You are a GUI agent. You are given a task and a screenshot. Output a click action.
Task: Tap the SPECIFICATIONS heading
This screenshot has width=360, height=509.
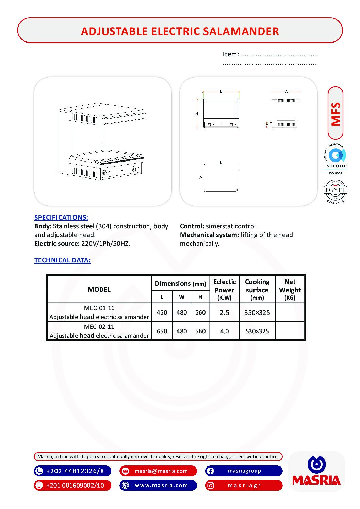(x=61, y=217)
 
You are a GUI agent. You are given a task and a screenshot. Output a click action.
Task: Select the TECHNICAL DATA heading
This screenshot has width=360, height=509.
(x=62, y=260)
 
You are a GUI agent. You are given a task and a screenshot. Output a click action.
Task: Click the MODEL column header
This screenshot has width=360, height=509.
(x=99, y=289)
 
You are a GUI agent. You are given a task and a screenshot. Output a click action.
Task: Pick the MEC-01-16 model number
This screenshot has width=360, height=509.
(x=99, y=308)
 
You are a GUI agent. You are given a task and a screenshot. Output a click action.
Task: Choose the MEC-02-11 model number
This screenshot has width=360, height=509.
(x=99, y=327)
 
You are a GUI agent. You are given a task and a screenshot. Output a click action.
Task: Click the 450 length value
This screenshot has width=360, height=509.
(x=162, y=312)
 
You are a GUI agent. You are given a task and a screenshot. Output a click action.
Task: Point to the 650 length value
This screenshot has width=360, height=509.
(x=162, y=331)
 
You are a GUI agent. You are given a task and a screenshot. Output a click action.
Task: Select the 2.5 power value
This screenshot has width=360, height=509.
(x=224, y=312)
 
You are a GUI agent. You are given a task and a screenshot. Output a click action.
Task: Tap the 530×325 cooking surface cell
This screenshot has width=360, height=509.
(x=257, y=331)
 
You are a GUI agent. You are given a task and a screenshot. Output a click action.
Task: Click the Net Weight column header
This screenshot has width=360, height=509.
(x=290, y=289)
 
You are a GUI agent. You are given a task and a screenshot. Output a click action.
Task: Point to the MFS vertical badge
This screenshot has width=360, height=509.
(x=336, y=114)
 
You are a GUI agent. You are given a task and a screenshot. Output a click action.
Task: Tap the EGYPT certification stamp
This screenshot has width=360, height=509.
(x=335, y=191)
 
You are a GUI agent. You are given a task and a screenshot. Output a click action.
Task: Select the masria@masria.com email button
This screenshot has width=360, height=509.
(x=158, y=471)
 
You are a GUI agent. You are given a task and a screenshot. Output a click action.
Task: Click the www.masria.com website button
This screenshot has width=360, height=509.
(x=158, y=485)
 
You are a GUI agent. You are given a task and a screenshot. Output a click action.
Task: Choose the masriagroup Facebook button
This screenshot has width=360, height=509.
(x=244, y=471)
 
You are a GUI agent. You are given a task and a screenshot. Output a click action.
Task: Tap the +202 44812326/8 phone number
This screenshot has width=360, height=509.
(x=72, y=471)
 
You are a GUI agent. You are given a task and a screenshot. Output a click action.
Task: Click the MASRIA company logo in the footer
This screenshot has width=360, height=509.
(x=316, y=472)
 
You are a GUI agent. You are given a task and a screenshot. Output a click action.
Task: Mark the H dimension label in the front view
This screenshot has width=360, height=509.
(x=197, y=113)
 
